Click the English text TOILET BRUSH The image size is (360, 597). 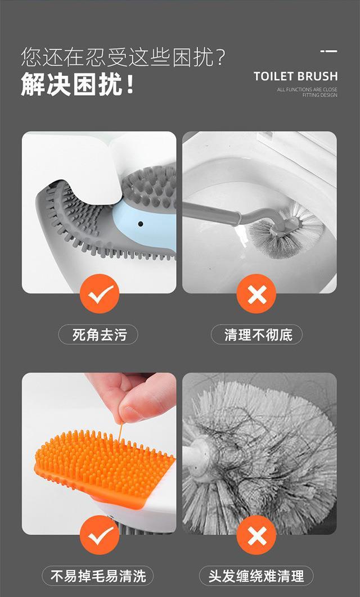(x=296, y=76)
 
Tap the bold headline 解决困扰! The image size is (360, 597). (x=78, y=84)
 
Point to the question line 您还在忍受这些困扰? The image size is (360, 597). (x=123, y=57)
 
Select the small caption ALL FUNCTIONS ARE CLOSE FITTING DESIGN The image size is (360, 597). (x=307, y=92)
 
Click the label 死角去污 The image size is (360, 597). (x=98, y=334)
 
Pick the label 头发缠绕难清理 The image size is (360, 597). (x=256, y=576)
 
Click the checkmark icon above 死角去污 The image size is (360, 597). (x=100, y=293)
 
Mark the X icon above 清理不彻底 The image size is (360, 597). (x=256, y=293)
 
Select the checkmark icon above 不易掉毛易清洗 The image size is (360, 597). (x=100, y=535)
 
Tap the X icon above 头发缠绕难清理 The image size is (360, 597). (x=256, y=535)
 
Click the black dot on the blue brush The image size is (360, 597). (x=141, y=224)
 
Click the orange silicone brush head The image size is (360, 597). (x=103, y=467)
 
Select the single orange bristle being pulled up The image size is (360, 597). (x=120, y=432)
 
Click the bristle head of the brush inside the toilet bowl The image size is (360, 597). (x=286, y=230)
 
